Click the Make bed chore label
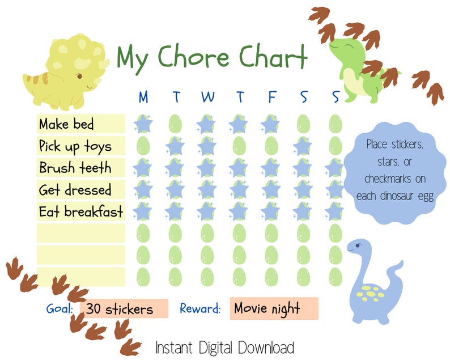pos(67,124)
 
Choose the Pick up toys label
pos(75,146)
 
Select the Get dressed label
pos(75,189)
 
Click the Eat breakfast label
pos(81,211)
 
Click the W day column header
pos(207,98)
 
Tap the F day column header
pos(271,98)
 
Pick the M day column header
pos(143,98)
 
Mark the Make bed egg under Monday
pos(143,124)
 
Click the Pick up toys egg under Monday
pos(143,146)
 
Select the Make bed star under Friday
pos(271,124)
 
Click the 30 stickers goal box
pos(124,309)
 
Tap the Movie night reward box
pos(274,308)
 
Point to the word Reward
pos(200,309)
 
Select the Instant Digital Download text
pos(225,347)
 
